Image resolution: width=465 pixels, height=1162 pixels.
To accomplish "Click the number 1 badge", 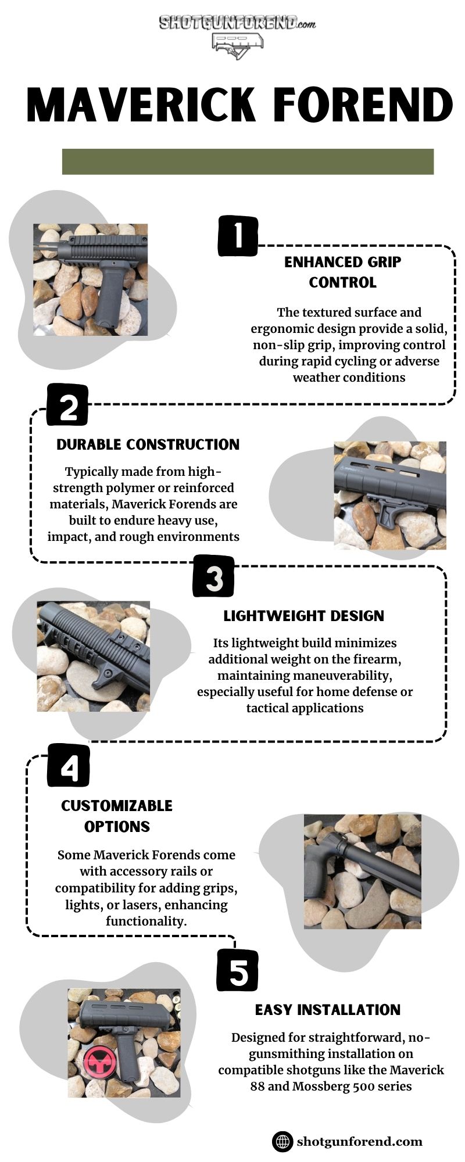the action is click(x=237, y=236).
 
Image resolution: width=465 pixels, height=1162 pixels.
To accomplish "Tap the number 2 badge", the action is click(x=67, y=405).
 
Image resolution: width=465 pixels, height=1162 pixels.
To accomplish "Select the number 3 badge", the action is click(x=214, y=576).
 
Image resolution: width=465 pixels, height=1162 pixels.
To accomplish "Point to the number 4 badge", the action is click(x=69, y=766).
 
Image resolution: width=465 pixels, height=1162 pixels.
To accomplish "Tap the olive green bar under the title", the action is click(x=248, y=162).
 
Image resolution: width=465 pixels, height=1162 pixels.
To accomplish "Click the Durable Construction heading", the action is click(x=148, y=444).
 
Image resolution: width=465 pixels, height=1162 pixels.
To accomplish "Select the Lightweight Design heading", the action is click(x=304, y=616).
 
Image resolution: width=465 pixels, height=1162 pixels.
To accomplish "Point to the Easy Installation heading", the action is click(x=328, y=1010).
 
